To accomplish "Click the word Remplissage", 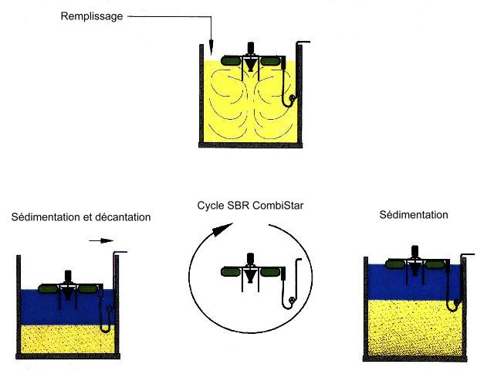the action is tap(92, 16).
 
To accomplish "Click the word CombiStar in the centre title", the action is tap(278, 206).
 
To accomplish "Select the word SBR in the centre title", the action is tap(239, 206).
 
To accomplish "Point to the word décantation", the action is tap(123, 217).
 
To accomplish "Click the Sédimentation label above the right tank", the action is tap(414, 215).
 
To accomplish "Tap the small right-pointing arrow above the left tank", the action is tap(101, 240).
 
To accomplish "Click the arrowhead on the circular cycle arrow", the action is tap(222, 230).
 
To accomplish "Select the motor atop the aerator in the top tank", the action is tap(251, 48).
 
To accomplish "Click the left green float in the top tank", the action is tap(231, 60).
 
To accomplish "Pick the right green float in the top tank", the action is tap(271, 60).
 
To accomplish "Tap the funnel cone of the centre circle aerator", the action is tap(250, 277).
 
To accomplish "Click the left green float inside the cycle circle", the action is tap(231, 272).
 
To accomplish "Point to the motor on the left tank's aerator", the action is tap(68, 277).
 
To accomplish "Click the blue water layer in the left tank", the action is tap(67, 308).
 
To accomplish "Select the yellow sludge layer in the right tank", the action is tap(414, 328).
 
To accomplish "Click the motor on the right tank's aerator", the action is tap(415, 252).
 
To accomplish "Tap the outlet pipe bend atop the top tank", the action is tap(303, 43).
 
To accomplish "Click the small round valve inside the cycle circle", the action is tap(292, 300).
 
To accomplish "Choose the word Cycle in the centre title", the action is tap(211, 206).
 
